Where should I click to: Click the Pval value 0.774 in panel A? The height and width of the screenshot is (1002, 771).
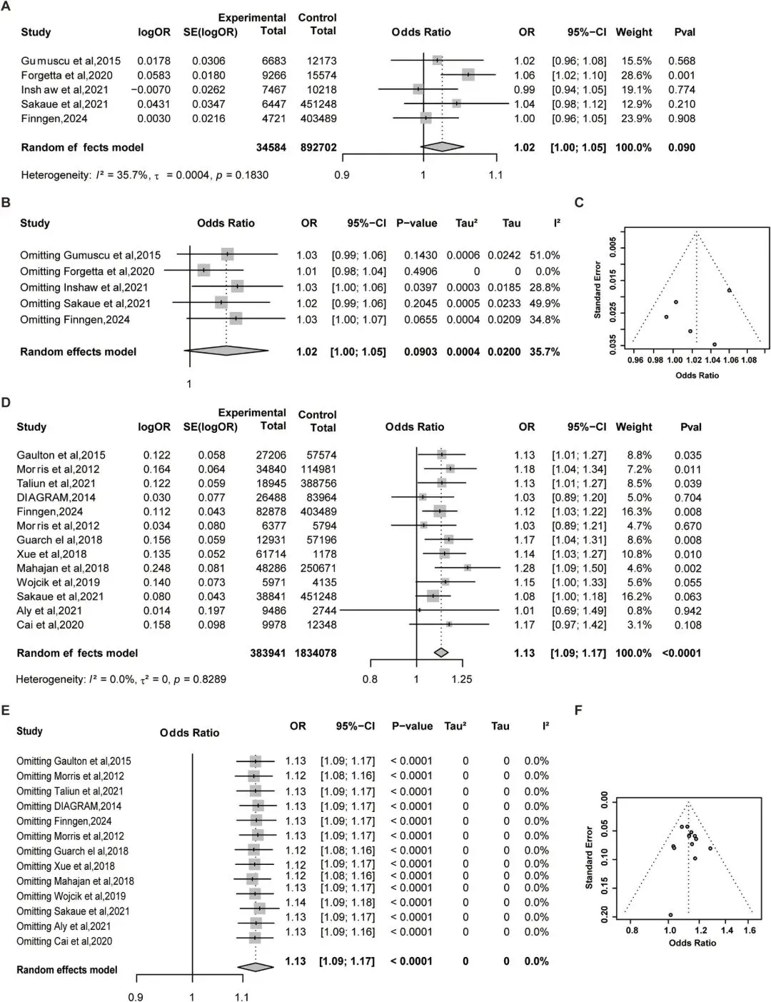click(x=681, y=89)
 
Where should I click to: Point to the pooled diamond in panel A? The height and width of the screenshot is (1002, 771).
click(x=442, y=146)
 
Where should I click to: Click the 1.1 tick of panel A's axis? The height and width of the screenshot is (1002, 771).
click(x=495, y=175)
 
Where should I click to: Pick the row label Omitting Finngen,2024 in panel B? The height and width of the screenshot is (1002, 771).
click(x=75, y=319)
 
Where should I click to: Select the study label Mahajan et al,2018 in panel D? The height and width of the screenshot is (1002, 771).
click(x=63, y=568)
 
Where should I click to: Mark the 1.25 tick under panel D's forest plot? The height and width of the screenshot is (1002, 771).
click(x=462, y=678)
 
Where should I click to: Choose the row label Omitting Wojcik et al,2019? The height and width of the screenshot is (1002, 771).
click(x=71, y=896)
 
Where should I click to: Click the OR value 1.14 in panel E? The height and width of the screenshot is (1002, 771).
click(x=296, y=902)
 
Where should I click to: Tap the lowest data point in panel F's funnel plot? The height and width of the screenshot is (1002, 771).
click(x=670, y=915)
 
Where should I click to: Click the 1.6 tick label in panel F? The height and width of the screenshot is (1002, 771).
click(x=750, y=931)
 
